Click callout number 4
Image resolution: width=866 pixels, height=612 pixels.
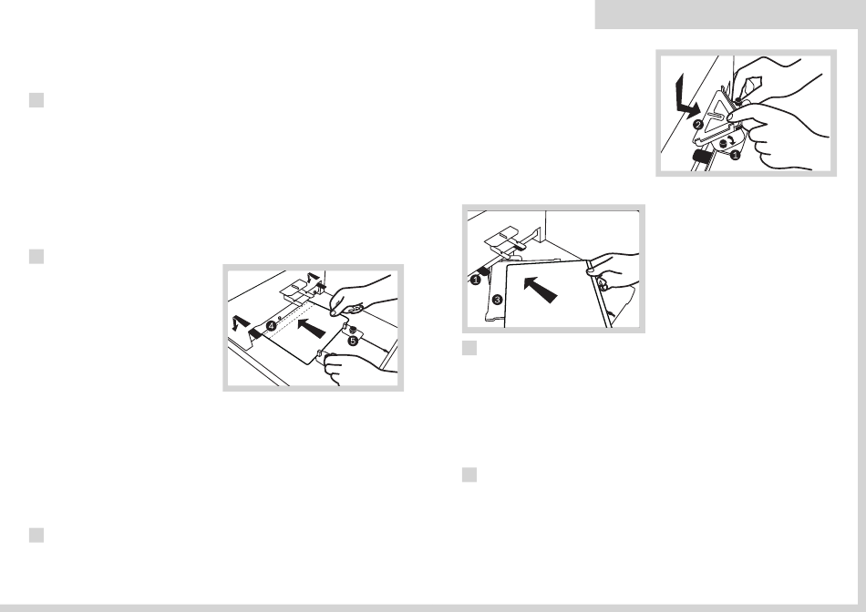tap(271, 326)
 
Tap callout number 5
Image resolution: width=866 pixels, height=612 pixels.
tap(353, 341)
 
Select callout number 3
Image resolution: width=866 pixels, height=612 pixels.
tap(497, 300)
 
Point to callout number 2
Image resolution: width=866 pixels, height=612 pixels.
tap(698, 125)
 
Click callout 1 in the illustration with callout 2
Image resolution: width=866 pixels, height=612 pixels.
tap(735, 156)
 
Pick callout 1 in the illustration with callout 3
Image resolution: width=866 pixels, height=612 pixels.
tap(476, 280)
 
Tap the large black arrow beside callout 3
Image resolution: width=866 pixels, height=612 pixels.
tap(540, 290)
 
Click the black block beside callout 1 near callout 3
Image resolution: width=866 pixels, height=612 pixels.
tap(483, 270)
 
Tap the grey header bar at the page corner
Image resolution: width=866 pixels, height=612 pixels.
tap(730, 15)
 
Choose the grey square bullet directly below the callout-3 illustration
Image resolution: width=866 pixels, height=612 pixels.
tap(469, 348)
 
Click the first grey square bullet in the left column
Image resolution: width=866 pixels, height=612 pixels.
tap(36, 100)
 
